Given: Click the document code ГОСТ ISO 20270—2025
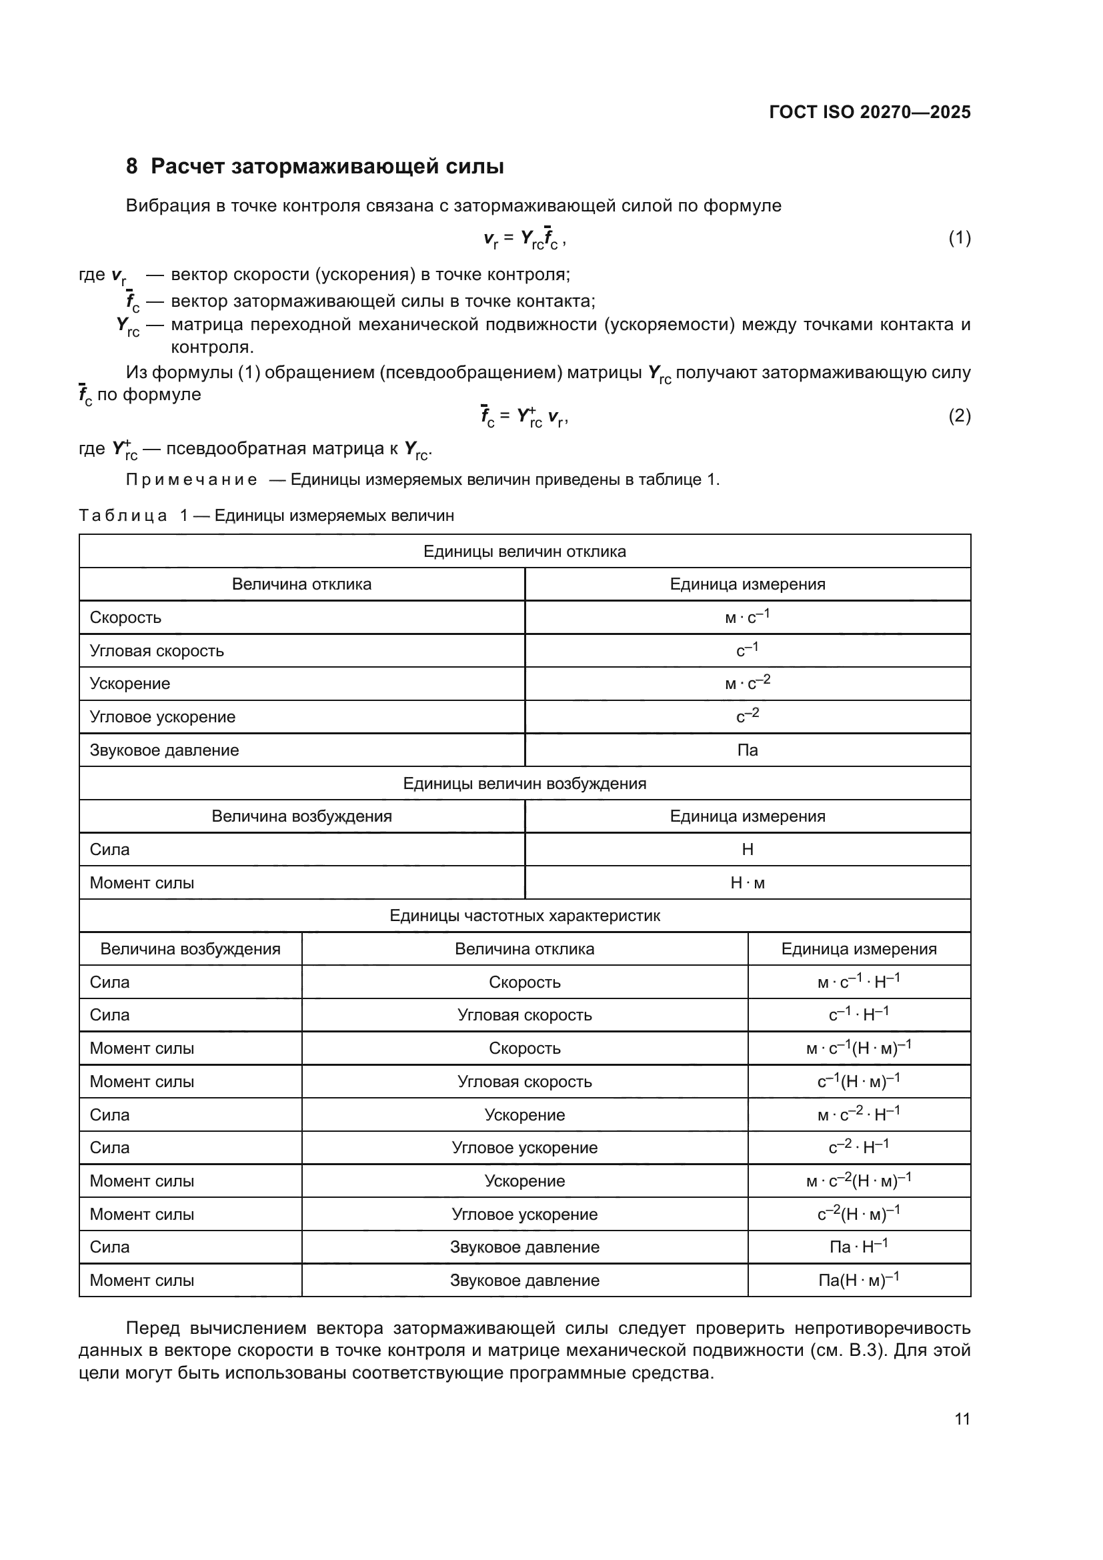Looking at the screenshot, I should tap(870, 112).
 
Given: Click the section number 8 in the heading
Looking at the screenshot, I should tap(132, 167).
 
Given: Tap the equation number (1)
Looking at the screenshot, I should tap(959, 238).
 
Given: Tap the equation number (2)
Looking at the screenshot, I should tap(959, 415).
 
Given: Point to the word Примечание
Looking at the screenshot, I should tap(191, 480).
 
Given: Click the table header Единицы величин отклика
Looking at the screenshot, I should tap(524, 551).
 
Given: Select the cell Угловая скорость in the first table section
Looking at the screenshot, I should tap(157, 651).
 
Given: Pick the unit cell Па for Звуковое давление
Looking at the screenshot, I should tap(747, 750).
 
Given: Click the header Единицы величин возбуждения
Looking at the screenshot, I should tap(524, 784).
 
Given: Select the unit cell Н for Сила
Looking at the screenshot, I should tap(747, 849).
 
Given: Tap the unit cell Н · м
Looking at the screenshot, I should tap(747, 882).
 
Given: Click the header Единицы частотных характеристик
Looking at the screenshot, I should tap(524, 916).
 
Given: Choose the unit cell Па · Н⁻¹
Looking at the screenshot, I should tap(858, 1247).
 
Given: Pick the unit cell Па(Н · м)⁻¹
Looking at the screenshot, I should tap(858, 1280).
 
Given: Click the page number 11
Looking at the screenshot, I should tap(962, 1419).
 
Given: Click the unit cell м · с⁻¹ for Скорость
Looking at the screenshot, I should tap(747, 617).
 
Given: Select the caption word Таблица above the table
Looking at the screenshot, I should tap(123, 516).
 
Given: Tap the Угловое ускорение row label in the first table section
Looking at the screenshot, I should tap(162, 717).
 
